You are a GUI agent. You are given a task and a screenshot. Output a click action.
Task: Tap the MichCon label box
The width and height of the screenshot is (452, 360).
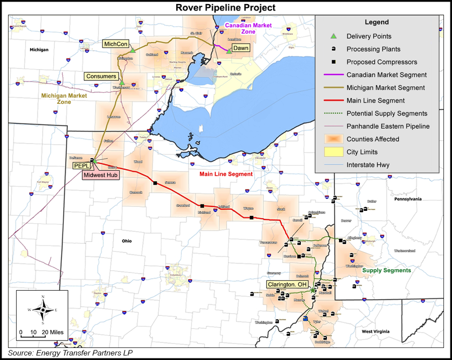[115, 44]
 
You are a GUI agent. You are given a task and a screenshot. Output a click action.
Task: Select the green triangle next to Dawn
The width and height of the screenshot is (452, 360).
[229, 51]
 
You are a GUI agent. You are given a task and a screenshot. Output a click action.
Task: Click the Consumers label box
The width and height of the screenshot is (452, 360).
[101, 76]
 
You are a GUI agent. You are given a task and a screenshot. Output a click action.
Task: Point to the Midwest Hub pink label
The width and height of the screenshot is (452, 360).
[100, 175]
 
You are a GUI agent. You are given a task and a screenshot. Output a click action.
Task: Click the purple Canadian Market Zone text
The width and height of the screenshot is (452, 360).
[248, 28]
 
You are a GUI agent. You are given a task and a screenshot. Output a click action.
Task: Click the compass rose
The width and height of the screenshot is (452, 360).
[43, 309]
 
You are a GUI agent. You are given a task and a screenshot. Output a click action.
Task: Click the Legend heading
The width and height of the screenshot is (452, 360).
[376, 22]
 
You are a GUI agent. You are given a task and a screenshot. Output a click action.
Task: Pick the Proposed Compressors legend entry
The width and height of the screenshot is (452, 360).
[382, 62]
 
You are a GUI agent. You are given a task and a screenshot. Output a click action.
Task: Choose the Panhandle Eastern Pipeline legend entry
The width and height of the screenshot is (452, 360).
[388, 126]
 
